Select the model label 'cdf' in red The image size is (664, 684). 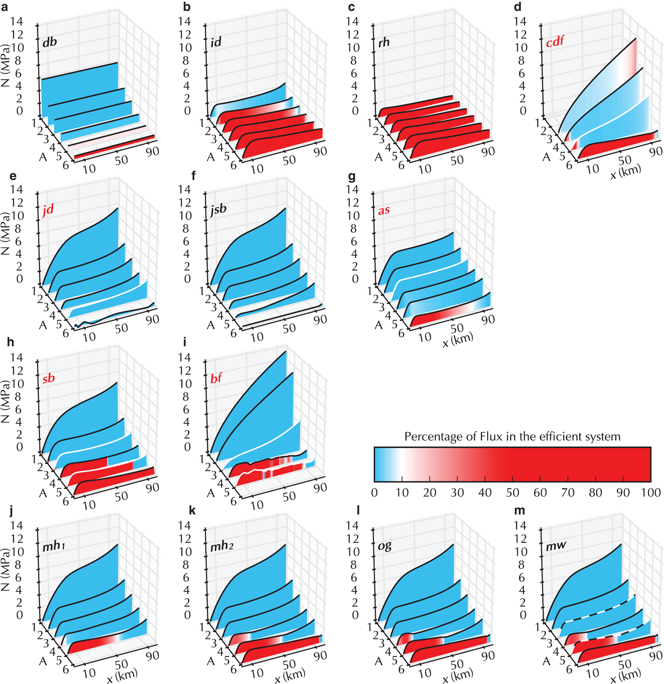(x=555, y=42)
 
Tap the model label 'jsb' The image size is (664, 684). (x=219, y=209)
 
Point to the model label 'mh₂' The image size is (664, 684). (x=222, y=546)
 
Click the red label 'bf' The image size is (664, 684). (x=216, y=378)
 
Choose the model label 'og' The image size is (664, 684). (x=385, y=545)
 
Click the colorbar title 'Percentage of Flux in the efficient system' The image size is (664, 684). (x=512, y=436)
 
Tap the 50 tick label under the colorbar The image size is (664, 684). (x=512, y=492)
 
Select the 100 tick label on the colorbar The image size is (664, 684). (x=650, y=492)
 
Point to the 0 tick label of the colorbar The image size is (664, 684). (x=375, y=492)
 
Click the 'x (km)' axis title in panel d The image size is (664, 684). (x=626, y=171)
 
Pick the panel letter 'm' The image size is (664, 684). (x=520, y=511)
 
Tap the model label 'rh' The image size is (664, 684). (x=384, y=42)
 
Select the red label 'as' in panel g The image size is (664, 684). (x=384, y=210)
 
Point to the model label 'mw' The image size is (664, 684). (x=556, y=545)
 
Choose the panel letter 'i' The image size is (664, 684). (x=184, y=342)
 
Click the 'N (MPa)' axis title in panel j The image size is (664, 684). (x=6, y=569)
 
